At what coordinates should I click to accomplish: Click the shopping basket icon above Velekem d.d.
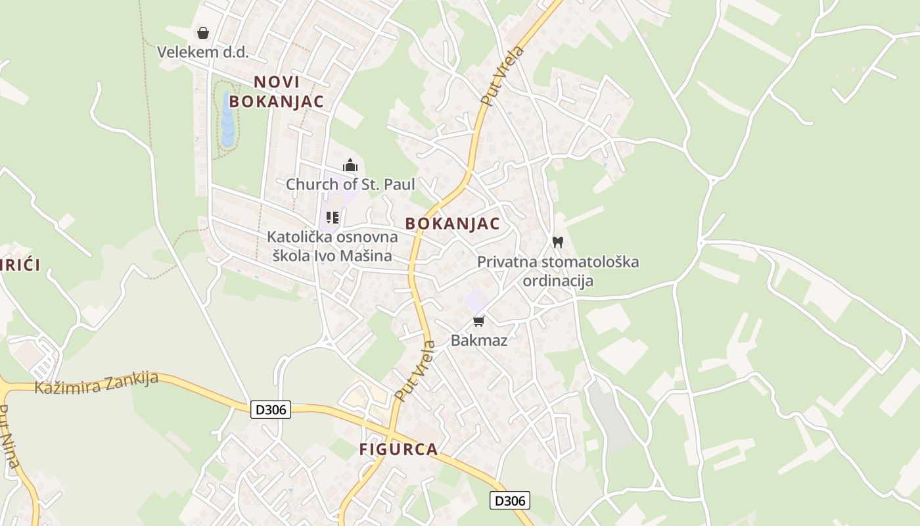tap(203, 33)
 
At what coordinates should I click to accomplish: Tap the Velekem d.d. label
tap(202, 52)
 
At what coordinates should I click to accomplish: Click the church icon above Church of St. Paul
tap(350, 165)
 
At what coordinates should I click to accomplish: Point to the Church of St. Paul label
tap(350, 185)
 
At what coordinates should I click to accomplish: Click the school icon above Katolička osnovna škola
tap(333, 217)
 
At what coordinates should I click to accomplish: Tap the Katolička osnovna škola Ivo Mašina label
tap(333, 246)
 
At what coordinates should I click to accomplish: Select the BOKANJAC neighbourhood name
tap(452, 224)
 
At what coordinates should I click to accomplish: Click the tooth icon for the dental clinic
tap(558, 242)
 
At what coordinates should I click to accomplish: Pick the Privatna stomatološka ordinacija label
tap(558, 271)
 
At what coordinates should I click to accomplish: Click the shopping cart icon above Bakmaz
tap(479, 321)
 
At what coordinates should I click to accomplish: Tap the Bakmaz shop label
tap(479, 341)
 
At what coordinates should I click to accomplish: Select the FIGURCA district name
tap(398, 450)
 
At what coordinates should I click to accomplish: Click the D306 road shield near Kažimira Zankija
tap(270, 410)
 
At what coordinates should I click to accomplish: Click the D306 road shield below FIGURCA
tap(509, 501)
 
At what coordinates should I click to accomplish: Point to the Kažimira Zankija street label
tap(97, 383)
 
